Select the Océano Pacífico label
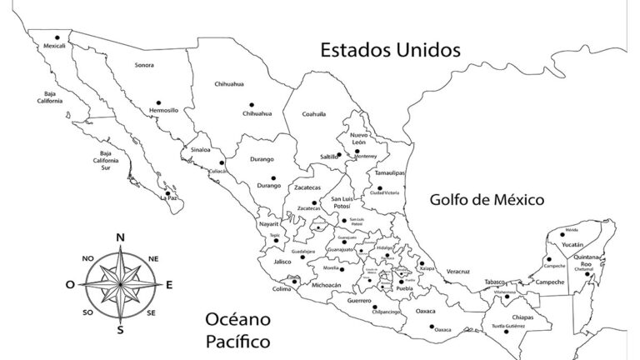point(237,330)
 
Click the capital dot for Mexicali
point(57,37)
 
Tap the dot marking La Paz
point(168,191)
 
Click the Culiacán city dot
point(222,162)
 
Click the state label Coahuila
point(313,114)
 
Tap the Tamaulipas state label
point(389,172)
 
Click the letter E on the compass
point(169,285)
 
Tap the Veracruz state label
point(458,272)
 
